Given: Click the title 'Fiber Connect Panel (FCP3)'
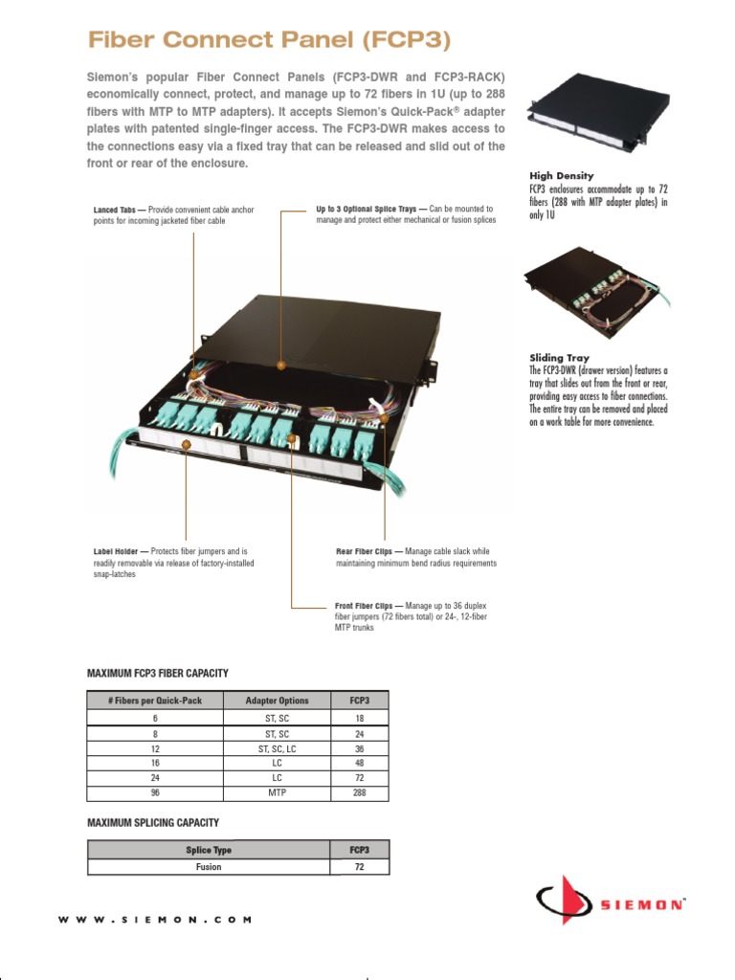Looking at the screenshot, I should [268, 40].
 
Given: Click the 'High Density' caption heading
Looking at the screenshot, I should [562, 176].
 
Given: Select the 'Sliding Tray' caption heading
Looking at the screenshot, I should [560, 357].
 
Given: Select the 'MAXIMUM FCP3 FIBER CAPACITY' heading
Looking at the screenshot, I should [158, 674].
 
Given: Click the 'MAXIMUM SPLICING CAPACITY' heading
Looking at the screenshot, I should [153, 822].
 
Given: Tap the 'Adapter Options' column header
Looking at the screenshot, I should [277, 701].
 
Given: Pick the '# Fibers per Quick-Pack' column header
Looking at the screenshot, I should [155, 701].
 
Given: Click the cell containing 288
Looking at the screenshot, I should [359, 793].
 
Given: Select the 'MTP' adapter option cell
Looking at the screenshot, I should [277, 793].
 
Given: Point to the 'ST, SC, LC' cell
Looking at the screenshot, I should [277, 748].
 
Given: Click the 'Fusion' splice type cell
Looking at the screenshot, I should [209, 867].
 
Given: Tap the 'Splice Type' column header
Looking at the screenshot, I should [209, 850].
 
